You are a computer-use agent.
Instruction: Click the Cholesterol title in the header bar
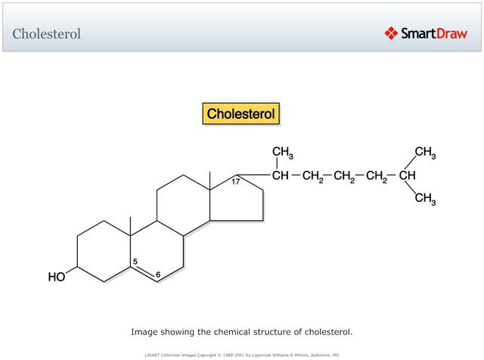47,34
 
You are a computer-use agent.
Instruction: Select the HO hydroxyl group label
57,277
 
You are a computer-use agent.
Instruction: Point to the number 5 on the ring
135,263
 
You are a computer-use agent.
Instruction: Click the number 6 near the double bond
158,275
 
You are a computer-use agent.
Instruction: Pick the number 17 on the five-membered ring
236,182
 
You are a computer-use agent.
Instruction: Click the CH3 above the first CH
283,153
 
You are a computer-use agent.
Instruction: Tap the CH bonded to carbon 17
280,177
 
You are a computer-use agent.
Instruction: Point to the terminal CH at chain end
408,177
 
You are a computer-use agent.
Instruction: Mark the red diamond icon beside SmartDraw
391,33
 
